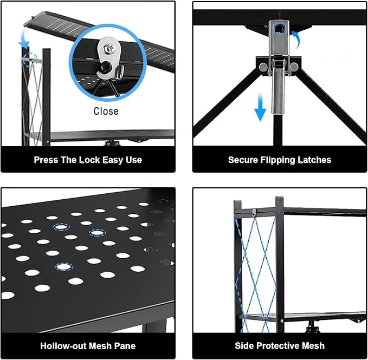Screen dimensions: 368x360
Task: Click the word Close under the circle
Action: pyautogui.click(x=106, y=111)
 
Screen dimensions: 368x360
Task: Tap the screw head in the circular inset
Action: pyautogui.click(x=109, y=48)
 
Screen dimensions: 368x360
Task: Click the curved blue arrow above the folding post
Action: pyautogui.click(x=24, y=40)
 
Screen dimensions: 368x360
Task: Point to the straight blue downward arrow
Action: pyautogui.click(x=260, y=107)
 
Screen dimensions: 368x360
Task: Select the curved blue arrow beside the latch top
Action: pyautogui.click(x=296, y=38)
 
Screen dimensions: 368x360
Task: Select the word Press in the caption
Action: pyautogui.click(x=46, y=160)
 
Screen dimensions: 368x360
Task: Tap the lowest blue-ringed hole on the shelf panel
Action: pyautogui.click(x=64, y=267)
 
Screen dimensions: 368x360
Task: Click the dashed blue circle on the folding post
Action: pyautogui.click(x=30, y=60)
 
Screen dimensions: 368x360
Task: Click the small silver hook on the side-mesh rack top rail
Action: pyautogui.click(x=254, y=213)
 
